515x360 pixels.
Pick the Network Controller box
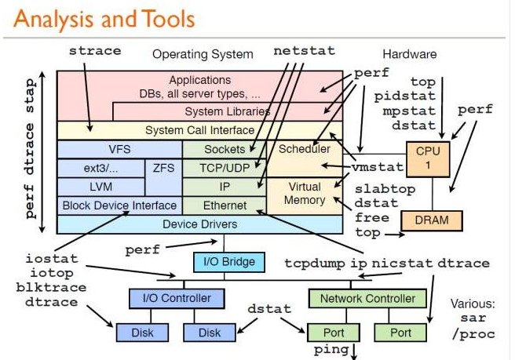367,298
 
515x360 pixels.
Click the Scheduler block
305,149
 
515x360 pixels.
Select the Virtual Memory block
305,194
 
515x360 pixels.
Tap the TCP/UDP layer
225,168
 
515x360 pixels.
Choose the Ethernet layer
225,205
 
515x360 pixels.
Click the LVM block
101,187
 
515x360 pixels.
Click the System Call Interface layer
199,129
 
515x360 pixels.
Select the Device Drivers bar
199,224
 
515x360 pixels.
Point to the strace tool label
95,51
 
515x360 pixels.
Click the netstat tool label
304,51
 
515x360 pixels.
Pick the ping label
331,348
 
